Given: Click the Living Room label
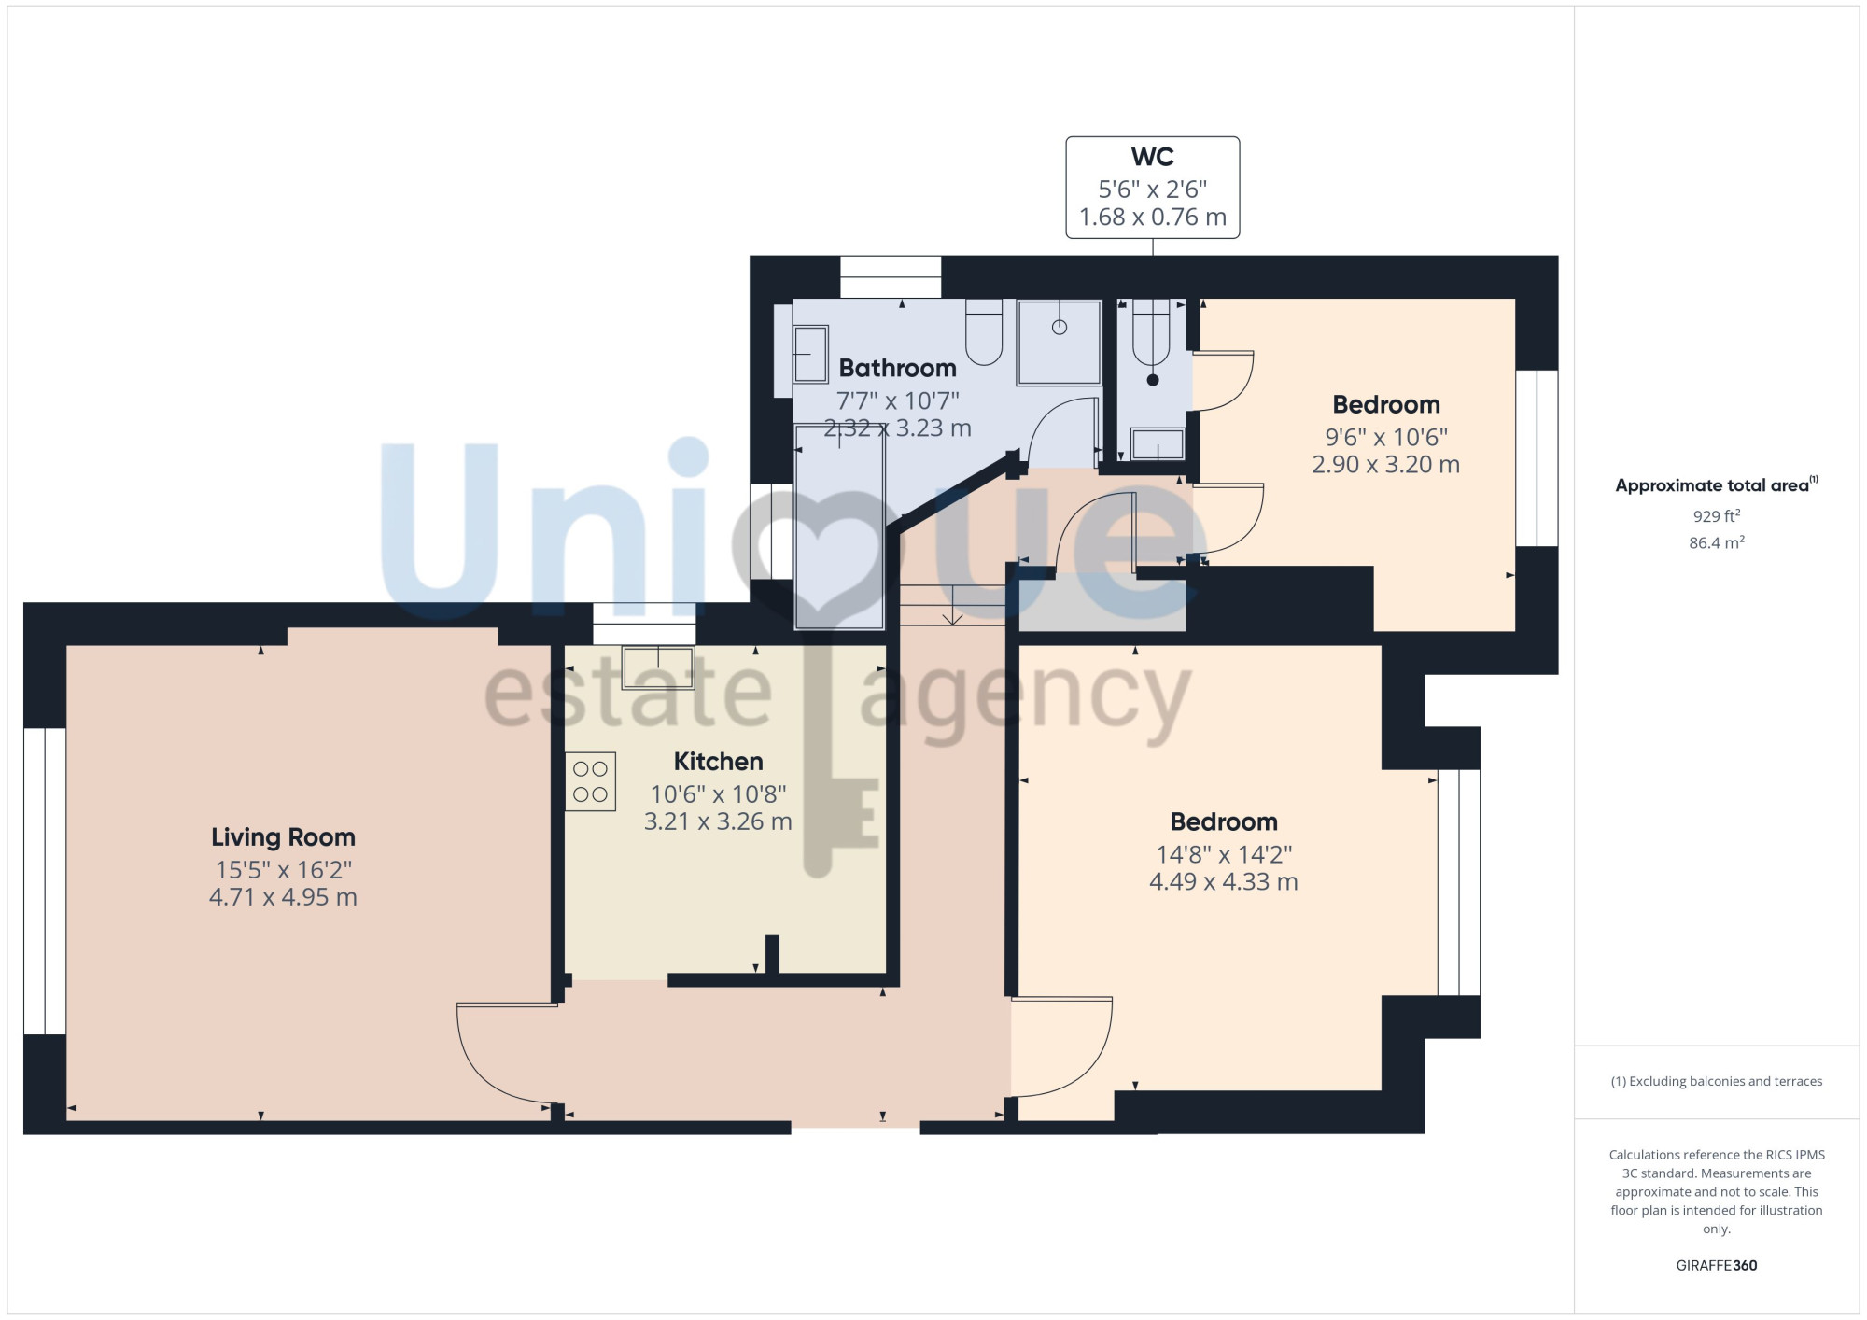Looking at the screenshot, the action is (283, 837).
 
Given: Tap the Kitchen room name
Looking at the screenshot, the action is (718, 762).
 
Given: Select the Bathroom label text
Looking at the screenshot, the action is (897, 369).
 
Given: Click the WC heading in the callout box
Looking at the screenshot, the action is (1153, 157).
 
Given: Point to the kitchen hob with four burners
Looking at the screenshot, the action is (590, 781).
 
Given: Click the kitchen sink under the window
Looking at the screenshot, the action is (658, 667).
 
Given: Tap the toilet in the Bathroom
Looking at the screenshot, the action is (984, 331).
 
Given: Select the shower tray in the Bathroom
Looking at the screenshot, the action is (1060, 343).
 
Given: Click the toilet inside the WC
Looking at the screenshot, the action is (1151, 332).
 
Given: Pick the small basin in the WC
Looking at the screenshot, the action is (1158, 444).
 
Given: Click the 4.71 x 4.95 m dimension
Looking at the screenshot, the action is (283, 897).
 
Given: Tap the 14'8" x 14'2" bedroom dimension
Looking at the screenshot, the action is (1224, 855).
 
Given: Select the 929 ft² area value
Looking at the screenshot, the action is (1717, 516).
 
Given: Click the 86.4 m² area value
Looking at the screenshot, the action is (1717, 542).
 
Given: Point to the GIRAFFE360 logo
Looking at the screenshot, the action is (1717, 1266).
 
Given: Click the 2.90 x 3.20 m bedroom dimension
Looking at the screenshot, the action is (1386, 465).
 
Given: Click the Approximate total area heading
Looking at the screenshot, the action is (1712, 485).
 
